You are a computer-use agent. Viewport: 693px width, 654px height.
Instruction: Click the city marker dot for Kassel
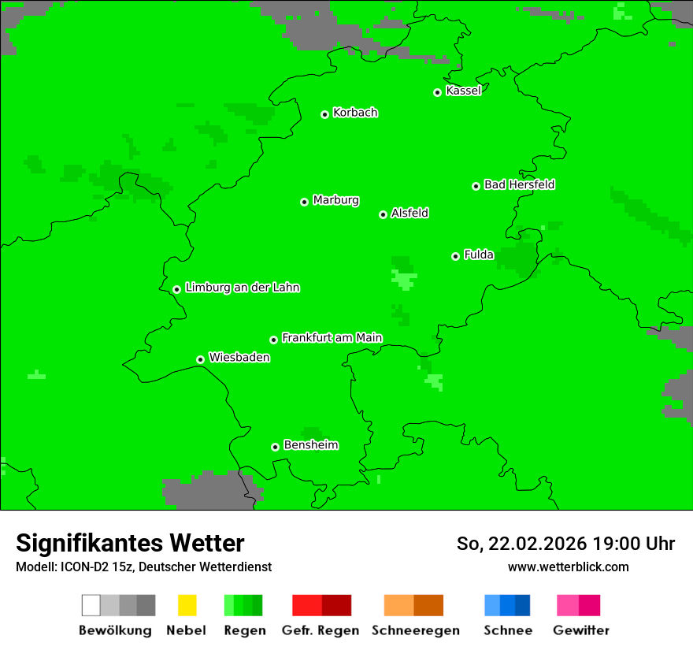coord(438,92)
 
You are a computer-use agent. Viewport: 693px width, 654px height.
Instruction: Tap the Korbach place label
coord(355,113)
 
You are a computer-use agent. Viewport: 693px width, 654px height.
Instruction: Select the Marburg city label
coord(335,200)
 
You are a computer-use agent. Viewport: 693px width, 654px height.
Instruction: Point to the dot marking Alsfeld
coord(384,214)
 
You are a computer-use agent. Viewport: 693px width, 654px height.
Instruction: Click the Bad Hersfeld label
coord(519,184)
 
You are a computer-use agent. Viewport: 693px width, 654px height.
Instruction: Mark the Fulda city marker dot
coord(456,256)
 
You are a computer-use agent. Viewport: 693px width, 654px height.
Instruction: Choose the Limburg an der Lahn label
coord(242,288)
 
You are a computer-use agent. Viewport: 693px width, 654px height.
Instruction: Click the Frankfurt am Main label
coord(332,338)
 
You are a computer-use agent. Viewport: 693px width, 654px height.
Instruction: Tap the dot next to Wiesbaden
coord(201,359)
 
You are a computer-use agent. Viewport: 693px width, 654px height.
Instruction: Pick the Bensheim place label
coord(310,445)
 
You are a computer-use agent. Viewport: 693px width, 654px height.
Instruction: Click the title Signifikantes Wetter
coord(130,543)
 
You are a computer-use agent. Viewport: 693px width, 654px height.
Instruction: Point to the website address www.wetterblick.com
coord(568,567)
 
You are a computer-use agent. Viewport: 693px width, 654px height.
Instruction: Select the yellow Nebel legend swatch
coord(187,605)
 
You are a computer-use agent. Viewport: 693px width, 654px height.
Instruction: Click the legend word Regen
coord(243,630)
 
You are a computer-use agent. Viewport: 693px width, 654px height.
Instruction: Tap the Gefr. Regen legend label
coord(321,630)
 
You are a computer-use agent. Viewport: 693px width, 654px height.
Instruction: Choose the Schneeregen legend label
coord(415,630)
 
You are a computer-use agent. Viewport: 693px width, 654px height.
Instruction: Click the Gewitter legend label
coord(581,630)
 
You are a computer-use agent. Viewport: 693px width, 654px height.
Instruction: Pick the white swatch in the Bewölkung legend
coord(91,605)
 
